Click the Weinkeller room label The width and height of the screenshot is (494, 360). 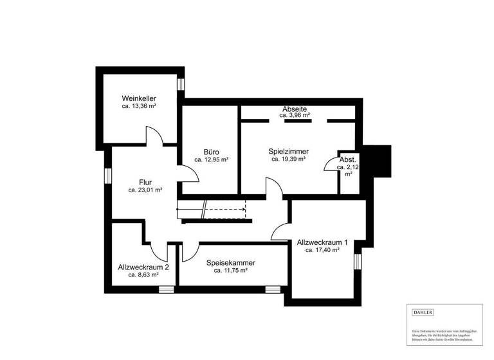point(138,98)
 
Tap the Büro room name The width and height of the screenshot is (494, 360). point(212,152)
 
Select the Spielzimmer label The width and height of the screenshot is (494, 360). point(288,151)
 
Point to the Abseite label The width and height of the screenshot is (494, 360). point(295,109)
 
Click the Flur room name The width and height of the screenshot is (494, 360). point(145,182)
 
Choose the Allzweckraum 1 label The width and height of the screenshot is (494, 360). point(322,242)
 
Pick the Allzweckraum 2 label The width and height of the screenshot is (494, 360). point(144,267)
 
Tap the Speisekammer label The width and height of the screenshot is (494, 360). point(231,263)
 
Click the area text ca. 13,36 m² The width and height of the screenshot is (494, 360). point(139,106)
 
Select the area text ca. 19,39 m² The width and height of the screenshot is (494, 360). point(288,159)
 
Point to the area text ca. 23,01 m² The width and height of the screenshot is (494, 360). point(145,190)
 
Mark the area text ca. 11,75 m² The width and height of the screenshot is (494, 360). point(231,271)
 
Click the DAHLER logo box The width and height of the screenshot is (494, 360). point(423,312)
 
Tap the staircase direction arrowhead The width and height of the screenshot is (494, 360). point(244,209)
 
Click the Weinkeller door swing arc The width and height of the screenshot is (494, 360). point(155,135)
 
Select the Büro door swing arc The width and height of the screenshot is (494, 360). point(188,172)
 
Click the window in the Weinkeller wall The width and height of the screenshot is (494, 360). point(181,84)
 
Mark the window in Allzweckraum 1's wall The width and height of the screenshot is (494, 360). point(358,260)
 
